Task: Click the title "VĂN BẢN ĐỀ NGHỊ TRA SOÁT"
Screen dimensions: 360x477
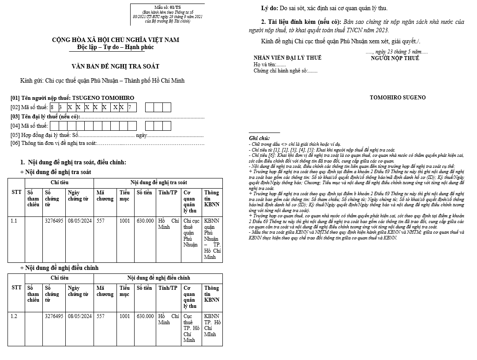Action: (116, 67)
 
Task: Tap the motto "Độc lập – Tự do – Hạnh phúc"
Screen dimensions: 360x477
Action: (116, 47)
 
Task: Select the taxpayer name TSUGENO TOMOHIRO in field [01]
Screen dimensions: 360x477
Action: (103, 98)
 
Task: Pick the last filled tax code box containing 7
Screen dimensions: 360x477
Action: (130, 107)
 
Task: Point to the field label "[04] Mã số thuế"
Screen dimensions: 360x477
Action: (29, 126)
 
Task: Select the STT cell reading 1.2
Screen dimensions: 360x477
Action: (14, 316)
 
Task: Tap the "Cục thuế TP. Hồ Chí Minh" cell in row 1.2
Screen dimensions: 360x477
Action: (191, 328)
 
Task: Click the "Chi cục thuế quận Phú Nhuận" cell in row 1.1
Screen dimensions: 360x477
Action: (190, 232)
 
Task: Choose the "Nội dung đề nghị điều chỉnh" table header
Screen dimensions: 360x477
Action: (158, 278)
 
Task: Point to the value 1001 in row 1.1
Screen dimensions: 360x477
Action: (124, 220)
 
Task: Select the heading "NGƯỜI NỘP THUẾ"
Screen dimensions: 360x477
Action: (394, 58)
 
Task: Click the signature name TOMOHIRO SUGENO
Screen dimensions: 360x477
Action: (398, 97)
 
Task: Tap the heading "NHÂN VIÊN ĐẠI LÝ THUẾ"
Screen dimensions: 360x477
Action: (287, 58)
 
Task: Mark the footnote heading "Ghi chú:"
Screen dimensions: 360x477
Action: (259, 138)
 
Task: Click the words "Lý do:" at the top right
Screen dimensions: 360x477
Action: (269, 8)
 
